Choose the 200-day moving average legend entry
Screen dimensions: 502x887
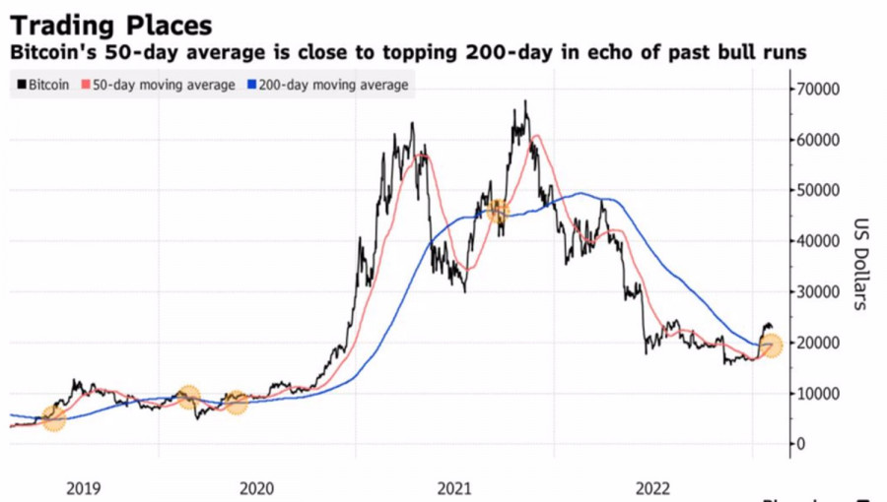click(330, 85)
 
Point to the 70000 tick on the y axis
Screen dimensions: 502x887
click(818, 90)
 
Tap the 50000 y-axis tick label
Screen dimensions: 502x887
click(818, 191)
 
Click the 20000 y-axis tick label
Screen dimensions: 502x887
click(818, 343)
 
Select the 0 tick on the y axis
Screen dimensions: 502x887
click(801, 444)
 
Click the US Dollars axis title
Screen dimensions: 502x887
click(859, 264)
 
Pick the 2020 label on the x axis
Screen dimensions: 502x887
click(256, 486)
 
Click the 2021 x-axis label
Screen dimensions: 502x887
click(454, 486)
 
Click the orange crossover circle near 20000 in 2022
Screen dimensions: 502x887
click(770, 345)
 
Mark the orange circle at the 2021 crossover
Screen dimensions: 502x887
click(499, 210)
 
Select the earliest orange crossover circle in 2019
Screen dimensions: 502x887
click(53, 418)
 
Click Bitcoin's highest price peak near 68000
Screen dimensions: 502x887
click(525, 100)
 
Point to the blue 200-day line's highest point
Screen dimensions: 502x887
click(580, 193)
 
